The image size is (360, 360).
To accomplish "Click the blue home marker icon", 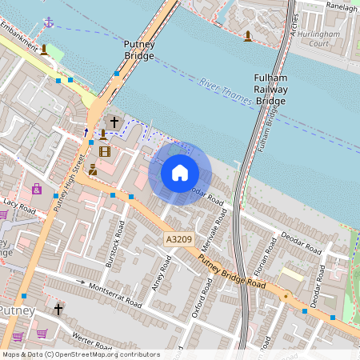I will click(x=180, y=173).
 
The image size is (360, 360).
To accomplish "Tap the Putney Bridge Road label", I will click(x=231, y=273).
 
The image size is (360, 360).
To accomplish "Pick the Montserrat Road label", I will click(x=115, y=296).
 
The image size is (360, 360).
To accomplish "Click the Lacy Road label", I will click(x=20, y=207).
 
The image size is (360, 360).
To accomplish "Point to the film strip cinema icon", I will click(x=104, y=150).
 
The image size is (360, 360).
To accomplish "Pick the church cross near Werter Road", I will click(x=58, y=308).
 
